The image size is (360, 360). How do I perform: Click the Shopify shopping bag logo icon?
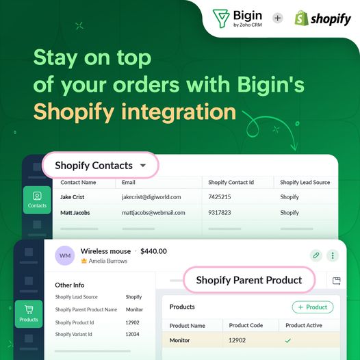(301, 18)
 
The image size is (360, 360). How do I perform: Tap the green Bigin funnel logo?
(221, 18)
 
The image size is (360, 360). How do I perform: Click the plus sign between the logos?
(278, 18)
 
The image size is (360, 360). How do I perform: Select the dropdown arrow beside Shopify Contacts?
(143, 166)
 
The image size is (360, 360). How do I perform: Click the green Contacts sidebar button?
(37, 200)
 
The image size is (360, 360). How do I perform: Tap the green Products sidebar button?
(29, 314)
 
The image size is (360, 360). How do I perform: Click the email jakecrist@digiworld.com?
(151, 197)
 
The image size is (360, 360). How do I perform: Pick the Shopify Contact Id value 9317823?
(220, 213)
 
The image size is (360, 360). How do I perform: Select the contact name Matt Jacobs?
(75, 213)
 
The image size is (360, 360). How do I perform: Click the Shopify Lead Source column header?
(305, 182)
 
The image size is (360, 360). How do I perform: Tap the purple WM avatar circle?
(65, 255)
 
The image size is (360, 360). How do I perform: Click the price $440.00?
(153, 251)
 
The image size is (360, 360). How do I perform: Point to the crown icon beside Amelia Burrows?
(84, 261)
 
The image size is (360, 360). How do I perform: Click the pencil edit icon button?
(316, 255)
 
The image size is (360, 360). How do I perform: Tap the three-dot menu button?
(333, 255)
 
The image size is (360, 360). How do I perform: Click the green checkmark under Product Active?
(288, 340)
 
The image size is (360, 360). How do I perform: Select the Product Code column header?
(246, 325)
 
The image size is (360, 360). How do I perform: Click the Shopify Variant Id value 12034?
(132, 334)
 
